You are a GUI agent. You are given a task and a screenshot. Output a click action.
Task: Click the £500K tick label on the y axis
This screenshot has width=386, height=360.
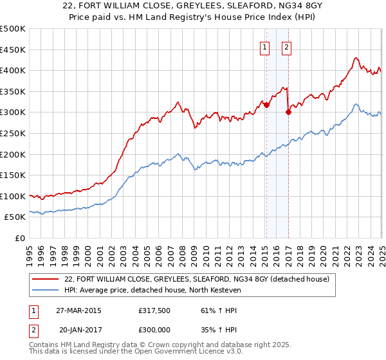13,29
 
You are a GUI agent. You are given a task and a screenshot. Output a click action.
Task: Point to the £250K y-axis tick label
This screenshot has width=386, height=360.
13,133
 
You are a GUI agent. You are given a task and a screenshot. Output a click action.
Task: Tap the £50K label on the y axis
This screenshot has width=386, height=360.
15,217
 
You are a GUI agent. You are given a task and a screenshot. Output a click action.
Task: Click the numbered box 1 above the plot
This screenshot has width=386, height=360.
265,46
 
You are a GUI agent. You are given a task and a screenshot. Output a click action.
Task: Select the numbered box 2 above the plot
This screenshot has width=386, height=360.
286,46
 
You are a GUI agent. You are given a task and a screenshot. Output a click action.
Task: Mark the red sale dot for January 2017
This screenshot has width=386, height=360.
288,113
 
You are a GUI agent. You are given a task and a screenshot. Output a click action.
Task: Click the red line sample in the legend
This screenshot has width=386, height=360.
46,278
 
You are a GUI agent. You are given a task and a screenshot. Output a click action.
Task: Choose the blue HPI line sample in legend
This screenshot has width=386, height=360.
46,291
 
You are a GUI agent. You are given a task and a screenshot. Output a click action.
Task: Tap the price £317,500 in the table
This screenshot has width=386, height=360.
153,310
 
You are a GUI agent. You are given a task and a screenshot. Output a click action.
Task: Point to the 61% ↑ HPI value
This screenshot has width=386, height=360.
205,310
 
